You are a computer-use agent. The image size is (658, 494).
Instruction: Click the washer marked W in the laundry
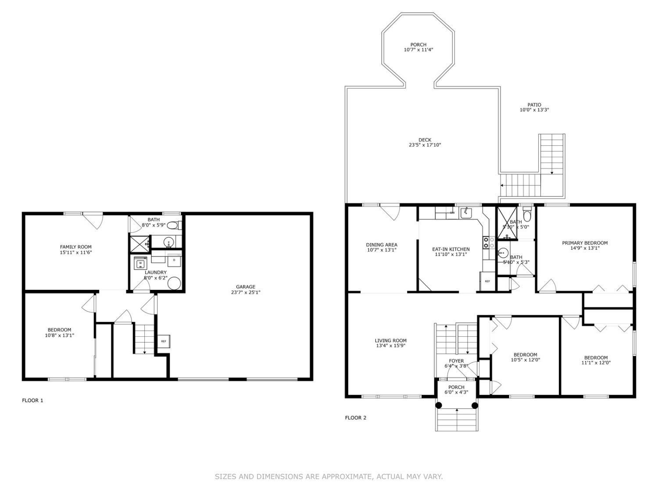click(x=140, y=263)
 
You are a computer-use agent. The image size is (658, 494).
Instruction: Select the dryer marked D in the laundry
click(x=174, y=260)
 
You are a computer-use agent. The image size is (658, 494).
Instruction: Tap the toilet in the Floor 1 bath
click(x=174, y=226)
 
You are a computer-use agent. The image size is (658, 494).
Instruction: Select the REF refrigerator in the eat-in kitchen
click(x=487, y=281)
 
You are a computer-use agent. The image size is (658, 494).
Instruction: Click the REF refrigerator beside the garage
click(x=163, y=341)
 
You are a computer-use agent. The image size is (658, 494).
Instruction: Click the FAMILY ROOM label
click(x=75, y=247)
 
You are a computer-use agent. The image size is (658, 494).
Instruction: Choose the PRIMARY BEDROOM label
click(x=585, y=243)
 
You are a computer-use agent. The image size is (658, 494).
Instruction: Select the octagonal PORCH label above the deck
click(x=418, y=45)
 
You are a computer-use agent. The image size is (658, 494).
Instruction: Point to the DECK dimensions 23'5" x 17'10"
click(x=424, y=145)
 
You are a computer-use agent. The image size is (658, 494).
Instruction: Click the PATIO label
click(x=534, y=105)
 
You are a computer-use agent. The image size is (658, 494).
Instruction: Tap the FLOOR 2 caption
click(x=355, y=418)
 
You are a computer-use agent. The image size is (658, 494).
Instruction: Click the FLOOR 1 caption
click(x=32, y=400)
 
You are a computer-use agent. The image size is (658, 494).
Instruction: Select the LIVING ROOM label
click(x=390, y=340)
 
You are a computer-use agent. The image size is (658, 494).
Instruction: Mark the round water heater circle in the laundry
click(x=174, y=284)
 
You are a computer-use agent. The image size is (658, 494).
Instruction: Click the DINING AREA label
click(x=382, y=245)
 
